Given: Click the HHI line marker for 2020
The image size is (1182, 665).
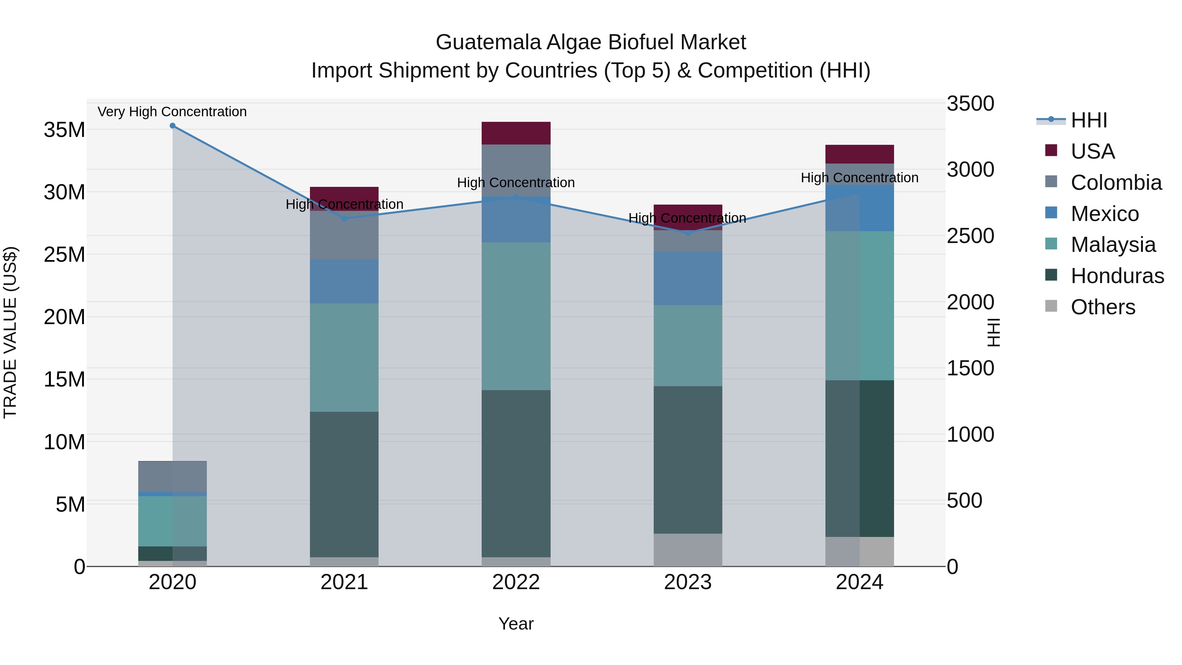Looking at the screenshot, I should tap(172, 126).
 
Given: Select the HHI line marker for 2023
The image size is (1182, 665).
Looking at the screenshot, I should tap(687, 233).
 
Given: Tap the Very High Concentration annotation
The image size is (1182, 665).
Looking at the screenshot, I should tap(172, 112).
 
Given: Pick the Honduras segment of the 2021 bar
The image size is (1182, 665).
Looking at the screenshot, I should tap(344, 484).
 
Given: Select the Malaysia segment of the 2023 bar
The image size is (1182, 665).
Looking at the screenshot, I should tap(687, 345).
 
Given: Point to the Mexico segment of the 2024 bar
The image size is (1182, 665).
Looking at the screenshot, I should tap(860, 208).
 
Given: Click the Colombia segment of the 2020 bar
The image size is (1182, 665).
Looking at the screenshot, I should tap(172, 477).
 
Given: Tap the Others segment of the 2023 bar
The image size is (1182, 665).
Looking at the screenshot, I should tap(687, 550).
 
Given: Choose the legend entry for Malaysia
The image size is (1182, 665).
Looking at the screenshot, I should tap(1112, 245).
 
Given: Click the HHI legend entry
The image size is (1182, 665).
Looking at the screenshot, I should tap(1088, 120).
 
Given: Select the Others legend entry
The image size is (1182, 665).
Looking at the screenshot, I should tap(1102, 307).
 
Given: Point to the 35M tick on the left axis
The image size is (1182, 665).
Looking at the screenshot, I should tap(64, 130).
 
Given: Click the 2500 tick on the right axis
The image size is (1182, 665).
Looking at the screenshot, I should tap(970, 236).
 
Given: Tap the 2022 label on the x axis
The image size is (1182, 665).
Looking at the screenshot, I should tap(516, 582).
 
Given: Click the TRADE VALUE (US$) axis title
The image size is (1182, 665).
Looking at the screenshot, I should tap(10, 332).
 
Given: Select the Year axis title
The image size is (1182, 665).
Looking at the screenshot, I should tap(516, 624).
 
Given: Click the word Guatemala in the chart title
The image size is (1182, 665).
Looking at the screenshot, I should tap(488, 42).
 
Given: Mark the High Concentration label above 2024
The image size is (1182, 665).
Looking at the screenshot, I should tap(860, 178).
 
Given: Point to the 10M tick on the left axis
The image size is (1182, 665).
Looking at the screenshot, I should tap(64, 442).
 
